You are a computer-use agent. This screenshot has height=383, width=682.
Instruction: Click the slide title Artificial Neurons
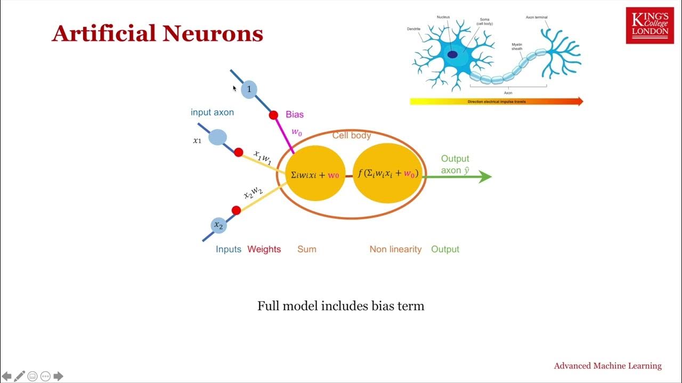coord(157,34)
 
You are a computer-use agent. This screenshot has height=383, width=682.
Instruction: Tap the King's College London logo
coord(649,26)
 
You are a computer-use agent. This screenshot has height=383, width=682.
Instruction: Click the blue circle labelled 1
coord(248,89)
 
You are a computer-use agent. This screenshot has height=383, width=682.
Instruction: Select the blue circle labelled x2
coord(218,225)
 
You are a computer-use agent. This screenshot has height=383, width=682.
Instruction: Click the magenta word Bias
coord(295,114)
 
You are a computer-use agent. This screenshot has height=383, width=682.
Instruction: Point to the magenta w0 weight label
coord(296,132)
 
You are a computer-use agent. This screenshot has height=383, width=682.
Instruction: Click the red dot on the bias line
coord(273,115)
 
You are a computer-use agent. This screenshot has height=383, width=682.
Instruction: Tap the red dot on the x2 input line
coord(236,210)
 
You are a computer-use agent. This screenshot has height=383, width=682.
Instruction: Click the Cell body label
coord(352,136)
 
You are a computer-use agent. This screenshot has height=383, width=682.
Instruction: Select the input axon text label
coord(212,112)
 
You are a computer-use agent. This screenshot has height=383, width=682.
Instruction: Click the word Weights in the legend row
coord(264,249)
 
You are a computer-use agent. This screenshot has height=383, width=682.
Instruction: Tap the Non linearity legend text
coord(395,249)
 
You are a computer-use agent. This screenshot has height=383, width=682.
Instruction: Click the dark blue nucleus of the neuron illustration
coord(452,54)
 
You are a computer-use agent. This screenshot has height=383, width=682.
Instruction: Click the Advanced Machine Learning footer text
coord(607,365)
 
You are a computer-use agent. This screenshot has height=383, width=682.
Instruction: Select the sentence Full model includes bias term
coord(340,306)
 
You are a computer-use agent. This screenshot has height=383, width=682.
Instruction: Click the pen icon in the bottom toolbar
coord(20,376)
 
